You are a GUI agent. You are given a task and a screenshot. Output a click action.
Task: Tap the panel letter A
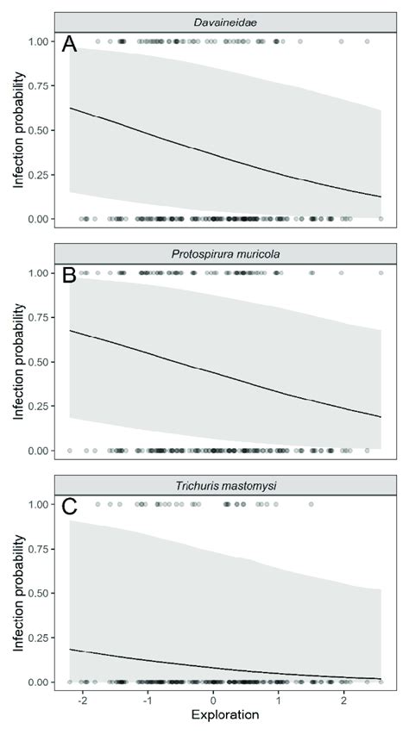70,45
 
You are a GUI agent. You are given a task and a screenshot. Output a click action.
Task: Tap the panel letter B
70,277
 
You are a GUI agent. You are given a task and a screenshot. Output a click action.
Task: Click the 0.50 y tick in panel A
40,130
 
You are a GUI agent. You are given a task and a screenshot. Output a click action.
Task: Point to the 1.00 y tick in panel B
40,273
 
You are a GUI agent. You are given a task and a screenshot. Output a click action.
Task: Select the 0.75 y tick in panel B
40,318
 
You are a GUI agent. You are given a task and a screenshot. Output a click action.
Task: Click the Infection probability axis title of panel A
17,130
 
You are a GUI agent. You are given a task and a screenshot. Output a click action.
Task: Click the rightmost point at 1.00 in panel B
381,273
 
